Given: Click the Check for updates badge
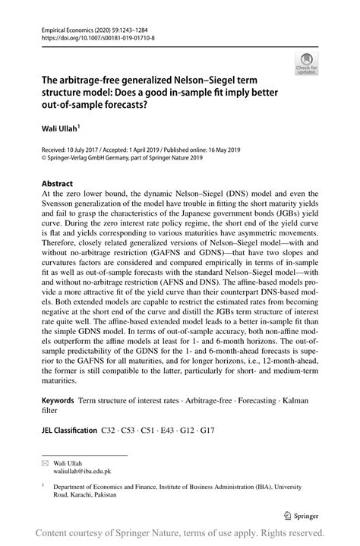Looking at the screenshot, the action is tap(309, 64).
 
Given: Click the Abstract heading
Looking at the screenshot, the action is tap(57, 184).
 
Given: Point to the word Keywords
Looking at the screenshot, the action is tap(58, 399).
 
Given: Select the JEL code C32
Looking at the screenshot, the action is tap(109, 430).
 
